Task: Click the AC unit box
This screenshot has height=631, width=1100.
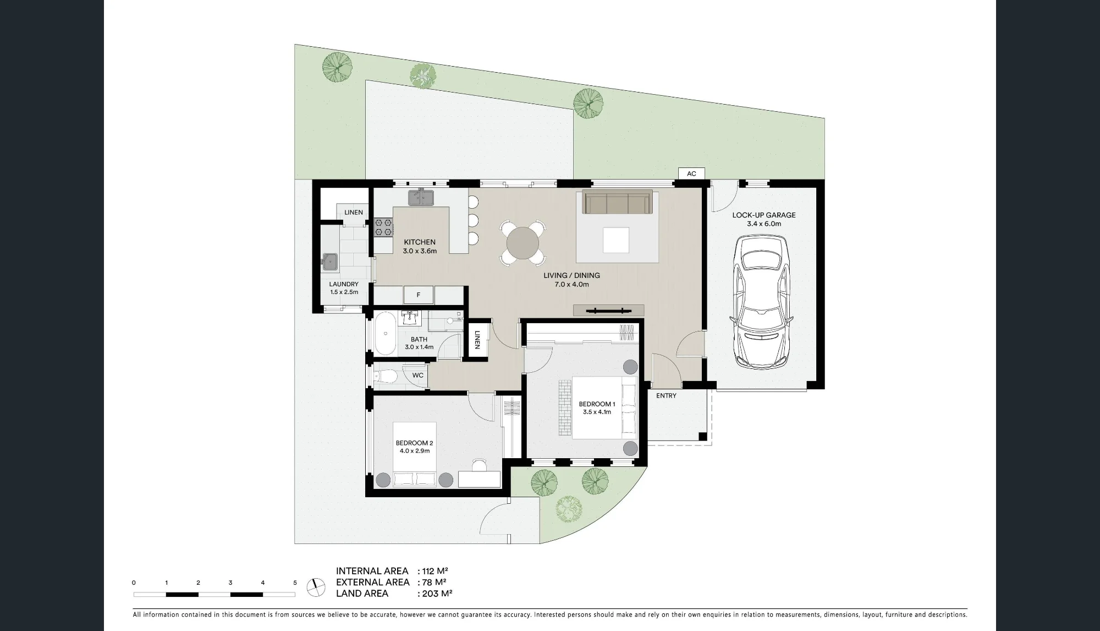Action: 691,173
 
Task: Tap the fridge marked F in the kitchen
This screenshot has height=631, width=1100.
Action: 419,295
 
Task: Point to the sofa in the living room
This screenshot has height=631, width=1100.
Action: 617,202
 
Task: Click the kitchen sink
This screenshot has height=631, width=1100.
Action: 421,197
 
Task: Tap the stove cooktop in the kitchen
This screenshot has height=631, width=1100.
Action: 383,227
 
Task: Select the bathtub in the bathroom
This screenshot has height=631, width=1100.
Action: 385,334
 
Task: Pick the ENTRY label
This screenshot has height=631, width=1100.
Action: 666,395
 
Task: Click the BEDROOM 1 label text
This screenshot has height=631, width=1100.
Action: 597,404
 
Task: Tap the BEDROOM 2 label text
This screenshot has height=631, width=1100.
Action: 415,443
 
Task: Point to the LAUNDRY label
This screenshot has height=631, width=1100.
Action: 344,284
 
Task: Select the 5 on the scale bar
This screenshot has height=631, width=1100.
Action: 295,583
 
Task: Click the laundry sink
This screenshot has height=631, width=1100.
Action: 331,262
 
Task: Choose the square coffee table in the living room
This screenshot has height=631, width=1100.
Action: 616,240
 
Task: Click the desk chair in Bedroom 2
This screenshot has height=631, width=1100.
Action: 480,465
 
